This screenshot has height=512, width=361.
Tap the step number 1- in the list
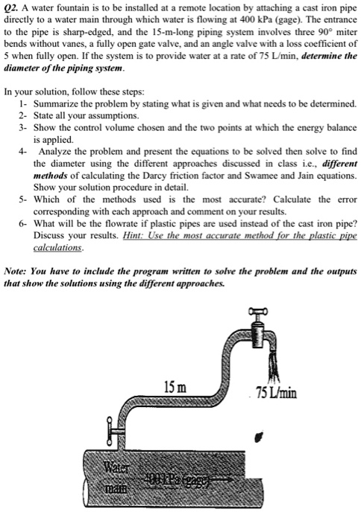[25, 103]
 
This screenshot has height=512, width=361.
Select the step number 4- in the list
[25, 150]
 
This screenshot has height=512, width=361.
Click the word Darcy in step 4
[160, 174]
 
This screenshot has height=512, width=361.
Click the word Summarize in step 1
[65, 103]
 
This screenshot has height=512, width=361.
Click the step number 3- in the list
[25, 127]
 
